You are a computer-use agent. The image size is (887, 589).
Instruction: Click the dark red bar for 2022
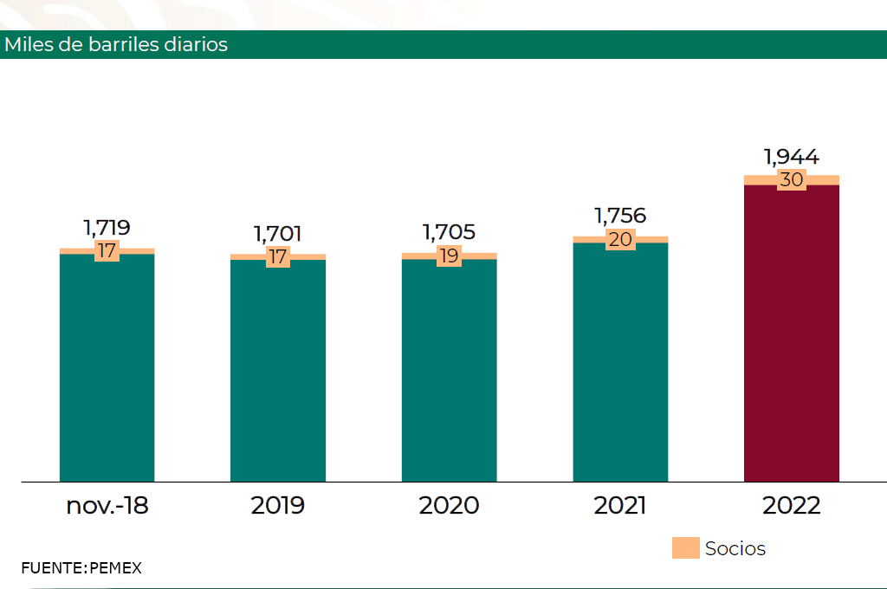click(792, 333)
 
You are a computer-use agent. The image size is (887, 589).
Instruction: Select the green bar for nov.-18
click(107, 368)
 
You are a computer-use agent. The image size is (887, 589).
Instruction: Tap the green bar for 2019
click(278, 371)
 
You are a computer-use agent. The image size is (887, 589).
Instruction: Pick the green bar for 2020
click(450, 371)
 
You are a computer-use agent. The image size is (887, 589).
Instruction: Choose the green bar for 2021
click(620, 362)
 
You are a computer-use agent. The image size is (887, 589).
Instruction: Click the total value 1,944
click(792, 157)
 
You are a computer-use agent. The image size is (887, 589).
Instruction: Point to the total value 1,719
click(107, 228)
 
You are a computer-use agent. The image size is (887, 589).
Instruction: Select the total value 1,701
click(278, 234)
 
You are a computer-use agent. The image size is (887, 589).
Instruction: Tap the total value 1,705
click(450, 232)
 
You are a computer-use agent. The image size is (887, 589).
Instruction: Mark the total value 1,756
click(620, 216)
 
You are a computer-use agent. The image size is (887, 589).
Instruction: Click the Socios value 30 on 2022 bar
click(792, 180)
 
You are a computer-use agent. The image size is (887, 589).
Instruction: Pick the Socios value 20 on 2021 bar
click(620, 240)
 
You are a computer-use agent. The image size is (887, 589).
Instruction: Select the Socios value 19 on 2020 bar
click(450, 256)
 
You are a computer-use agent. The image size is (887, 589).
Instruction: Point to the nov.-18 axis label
click(107, 506)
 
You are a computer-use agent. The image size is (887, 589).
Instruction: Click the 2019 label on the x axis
click(278, 506)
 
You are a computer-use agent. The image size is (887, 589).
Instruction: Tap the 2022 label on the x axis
click(792, 506)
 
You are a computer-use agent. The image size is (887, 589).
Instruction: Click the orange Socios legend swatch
click(686, 547)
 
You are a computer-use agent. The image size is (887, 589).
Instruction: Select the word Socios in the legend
click(735, 548)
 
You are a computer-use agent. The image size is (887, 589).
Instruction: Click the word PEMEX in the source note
click(115, 568)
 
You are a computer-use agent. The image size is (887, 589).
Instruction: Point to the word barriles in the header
click(124, 45)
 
